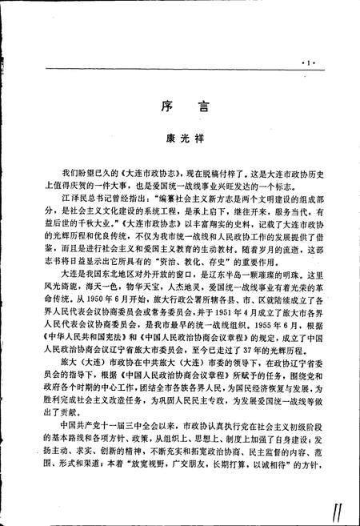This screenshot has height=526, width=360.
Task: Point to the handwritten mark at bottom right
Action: pyautogui.click(x=335, y=507)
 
